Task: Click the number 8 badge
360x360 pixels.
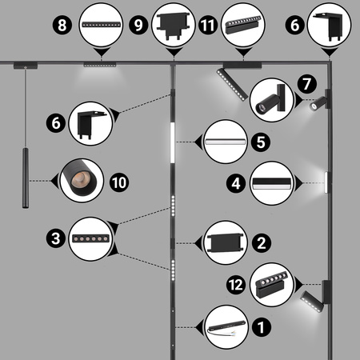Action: pos(62,25)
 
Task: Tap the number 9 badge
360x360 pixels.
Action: pos(138,25)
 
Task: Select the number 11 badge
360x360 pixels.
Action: pos(208,25)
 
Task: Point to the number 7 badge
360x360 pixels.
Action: pos(307,84)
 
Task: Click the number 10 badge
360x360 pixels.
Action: pos(119,182)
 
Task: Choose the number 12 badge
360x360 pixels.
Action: pos(236,285)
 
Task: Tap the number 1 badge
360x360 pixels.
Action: pos(261,327)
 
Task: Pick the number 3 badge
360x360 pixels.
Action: pos(56,238)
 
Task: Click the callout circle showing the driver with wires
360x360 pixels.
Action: pos(226,327)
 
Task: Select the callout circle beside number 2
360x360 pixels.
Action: pos(226,242)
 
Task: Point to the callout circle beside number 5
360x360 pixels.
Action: pos(226,142)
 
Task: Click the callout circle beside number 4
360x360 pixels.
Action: pos(272,183)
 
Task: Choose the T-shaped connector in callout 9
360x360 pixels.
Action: pos(174,26)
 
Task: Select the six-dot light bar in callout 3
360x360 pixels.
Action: pos(91,238)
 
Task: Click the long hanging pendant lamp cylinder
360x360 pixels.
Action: pos(26,178)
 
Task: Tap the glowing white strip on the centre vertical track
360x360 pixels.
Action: pos(172,142)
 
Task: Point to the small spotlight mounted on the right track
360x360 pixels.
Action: pos(318,104)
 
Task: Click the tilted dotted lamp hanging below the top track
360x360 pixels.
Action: pos(232,85)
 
